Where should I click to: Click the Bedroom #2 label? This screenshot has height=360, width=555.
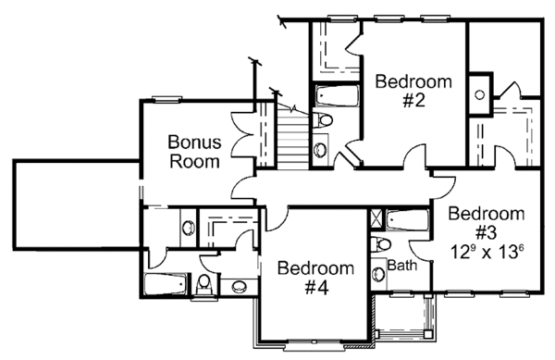413,91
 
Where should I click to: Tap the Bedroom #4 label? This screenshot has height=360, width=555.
316,278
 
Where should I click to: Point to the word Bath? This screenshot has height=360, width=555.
402,267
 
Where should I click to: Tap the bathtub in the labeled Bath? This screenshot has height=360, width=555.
403,221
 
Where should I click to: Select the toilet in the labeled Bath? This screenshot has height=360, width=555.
380,244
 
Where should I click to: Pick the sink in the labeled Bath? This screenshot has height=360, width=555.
379,274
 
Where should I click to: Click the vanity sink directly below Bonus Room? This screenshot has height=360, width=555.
187,227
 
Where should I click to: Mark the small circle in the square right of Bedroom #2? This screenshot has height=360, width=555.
480,93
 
